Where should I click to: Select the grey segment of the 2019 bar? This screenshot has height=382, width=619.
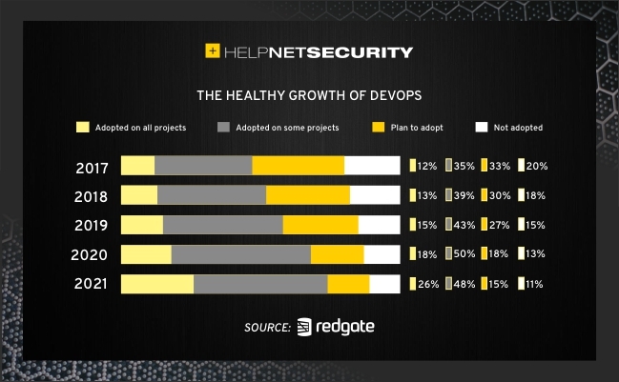coord(223,226)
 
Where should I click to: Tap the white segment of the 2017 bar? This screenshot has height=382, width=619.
coord(372,166)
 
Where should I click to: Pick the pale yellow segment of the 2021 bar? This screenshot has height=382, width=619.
coord(157,285)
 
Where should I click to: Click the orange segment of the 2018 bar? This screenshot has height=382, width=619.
coord(308,195)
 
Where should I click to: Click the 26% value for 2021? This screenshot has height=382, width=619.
coord(426,284)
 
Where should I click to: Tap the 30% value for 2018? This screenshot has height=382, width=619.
coord(500,195)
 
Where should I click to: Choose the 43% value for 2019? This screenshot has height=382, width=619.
coord(464,225)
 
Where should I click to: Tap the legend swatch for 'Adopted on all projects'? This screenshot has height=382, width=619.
coord(82,127)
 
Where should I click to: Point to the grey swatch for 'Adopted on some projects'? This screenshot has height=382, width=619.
coord(224,127)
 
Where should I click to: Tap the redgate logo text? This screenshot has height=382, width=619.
coord(346,327)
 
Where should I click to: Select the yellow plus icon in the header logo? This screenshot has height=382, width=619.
coord(213,52)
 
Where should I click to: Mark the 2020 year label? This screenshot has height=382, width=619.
coord(92,255)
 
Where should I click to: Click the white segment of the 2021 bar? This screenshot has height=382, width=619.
coord(384,285)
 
